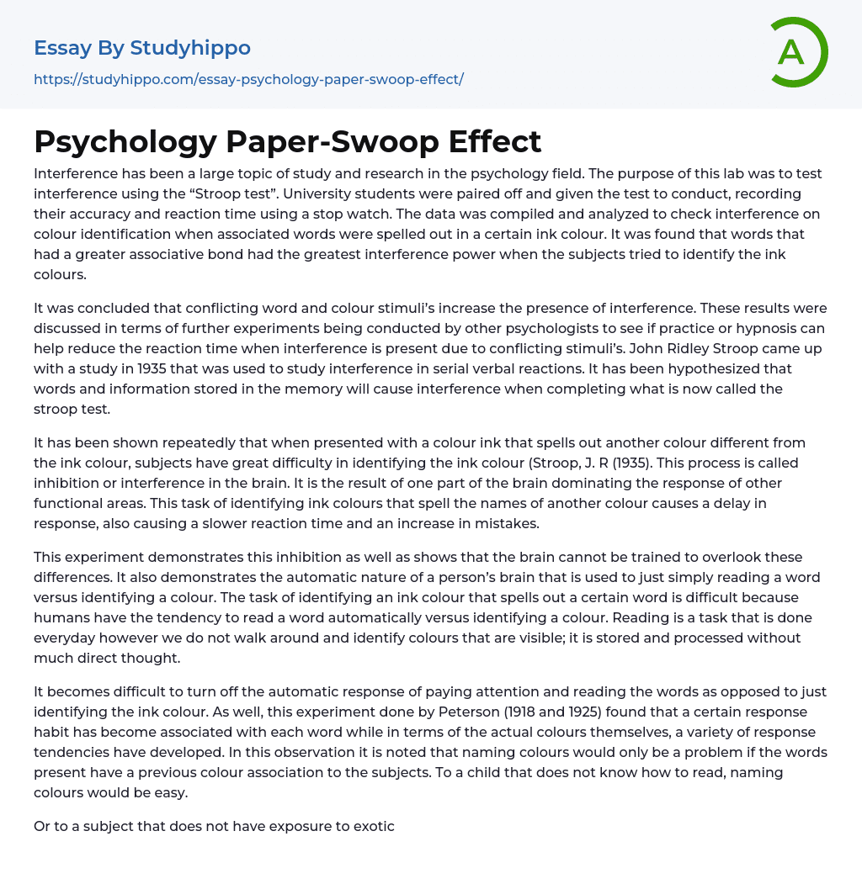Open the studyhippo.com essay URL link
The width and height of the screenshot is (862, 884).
[x=248, y=79]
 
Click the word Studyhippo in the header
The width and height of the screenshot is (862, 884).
[x=190, y=48]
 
